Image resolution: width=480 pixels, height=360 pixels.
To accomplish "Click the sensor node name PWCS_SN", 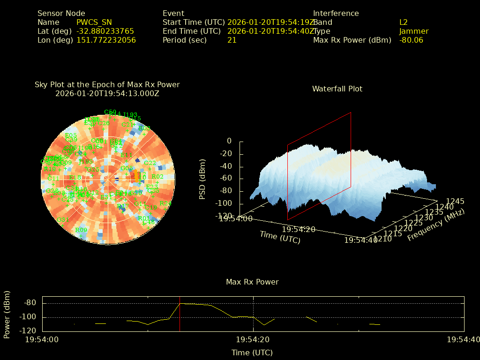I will pos(94,22).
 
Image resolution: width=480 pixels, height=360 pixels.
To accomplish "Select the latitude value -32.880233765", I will pos(105,31).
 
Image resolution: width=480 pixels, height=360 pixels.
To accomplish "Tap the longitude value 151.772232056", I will pos(106,40).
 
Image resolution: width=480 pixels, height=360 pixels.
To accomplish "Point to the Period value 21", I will pos(232,40).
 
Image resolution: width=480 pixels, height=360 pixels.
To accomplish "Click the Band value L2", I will pos(404,22).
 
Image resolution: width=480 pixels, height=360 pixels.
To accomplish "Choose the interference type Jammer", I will pos(413,31).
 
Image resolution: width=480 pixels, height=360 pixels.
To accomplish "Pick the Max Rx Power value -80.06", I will pos(411,40).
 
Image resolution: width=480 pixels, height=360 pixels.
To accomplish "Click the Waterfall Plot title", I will pos(337,89).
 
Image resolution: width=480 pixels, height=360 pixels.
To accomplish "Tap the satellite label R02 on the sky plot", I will pos(157,177).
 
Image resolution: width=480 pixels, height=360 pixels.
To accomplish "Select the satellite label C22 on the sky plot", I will pos(150,163).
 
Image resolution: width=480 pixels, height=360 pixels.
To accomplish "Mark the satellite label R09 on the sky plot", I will pos(81,230).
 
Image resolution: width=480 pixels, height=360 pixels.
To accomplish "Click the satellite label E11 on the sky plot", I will pos(127,155).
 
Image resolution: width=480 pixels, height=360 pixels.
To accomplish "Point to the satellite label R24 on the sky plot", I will pos(165,203).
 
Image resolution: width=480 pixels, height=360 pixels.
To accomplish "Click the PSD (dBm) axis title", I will pos(202,179).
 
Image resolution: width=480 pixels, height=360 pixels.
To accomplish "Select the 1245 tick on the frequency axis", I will pos(456,201).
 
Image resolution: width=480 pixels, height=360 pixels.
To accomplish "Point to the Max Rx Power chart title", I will pos(252,282).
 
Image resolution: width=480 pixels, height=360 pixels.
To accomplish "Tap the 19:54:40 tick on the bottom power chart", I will pos(463,339).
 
